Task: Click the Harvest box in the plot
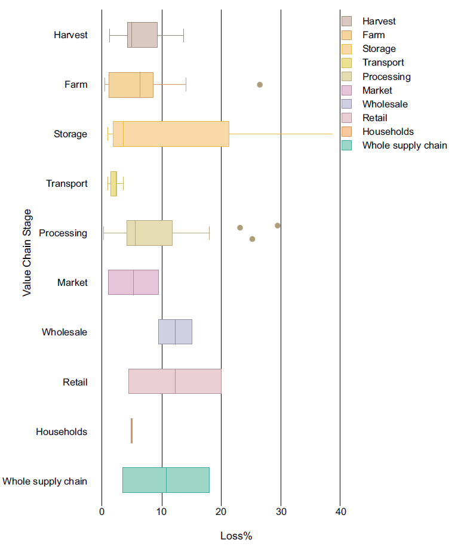pyautogui.click(x=143, y=35)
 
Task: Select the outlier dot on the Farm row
pyautogui.click(x=260, y=85)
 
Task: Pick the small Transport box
pyautogui.click(x=113, y=183)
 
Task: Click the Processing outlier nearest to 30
pyautogui.click(x=278, y=226)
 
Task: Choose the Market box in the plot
pyautogui.click(x=133, y=282)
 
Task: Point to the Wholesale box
pyautogui.click(x=175, y=332)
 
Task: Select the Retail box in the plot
pyautogui.click(x=175, y=381)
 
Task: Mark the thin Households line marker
pyautogui.click(x=131, y=431)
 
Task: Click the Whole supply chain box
pyautogui.click(x=166, y=480)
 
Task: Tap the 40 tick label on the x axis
pyautogui.click(x=340, y=511)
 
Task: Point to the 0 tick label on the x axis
pyautogui.click(x=102, y=511)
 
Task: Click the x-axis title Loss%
pyautogui.click(x=236, y=536)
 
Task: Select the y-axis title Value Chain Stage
pyautogui.click(x=27, y=252)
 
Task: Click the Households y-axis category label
pyautogui.click(x=62, y=431)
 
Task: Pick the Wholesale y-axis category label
pyautogui.click(x=64, y=332)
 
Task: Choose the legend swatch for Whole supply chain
pyautogui.click(x=347, y=145)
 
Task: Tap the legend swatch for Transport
pyautogui.click(x=347, y=63)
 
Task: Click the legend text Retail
pyautogui.click(x=374, y=118)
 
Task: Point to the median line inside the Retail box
pyautogui.click(x=176, y=381)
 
